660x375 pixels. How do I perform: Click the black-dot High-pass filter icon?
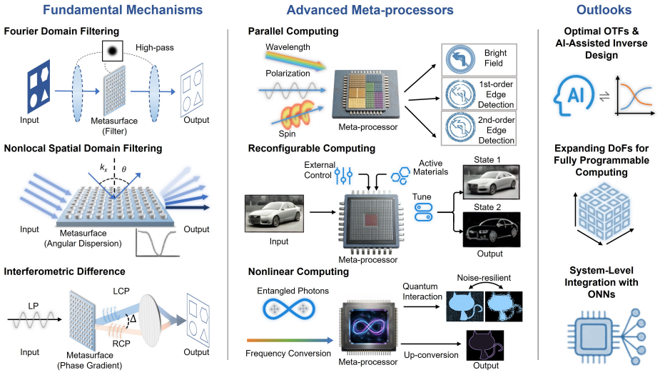(113, 51)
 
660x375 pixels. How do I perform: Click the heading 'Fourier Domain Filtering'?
(61, 31)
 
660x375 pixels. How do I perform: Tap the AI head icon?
(573, 96)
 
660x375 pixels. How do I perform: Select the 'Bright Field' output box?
(479, 59)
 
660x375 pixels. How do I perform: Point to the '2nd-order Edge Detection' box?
(479, 128)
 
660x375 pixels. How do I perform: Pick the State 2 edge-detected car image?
(491, 229)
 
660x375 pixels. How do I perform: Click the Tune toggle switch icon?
(423, 212)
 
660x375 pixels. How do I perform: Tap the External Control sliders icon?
(343, 176)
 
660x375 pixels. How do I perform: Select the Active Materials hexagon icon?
(400, 176)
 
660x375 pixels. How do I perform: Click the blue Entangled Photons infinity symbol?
(289, 309)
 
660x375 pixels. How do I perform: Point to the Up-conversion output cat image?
(485, 345)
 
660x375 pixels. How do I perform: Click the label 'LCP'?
(121, 291)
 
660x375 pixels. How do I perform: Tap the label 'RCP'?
(121, 344)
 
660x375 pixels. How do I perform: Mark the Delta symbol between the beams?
(133, 319)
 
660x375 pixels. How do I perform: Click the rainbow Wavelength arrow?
(296, 60)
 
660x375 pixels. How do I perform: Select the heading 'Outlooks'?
(604, 10)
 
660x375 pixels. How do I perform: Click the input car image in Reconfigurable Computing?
(275, 214)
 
